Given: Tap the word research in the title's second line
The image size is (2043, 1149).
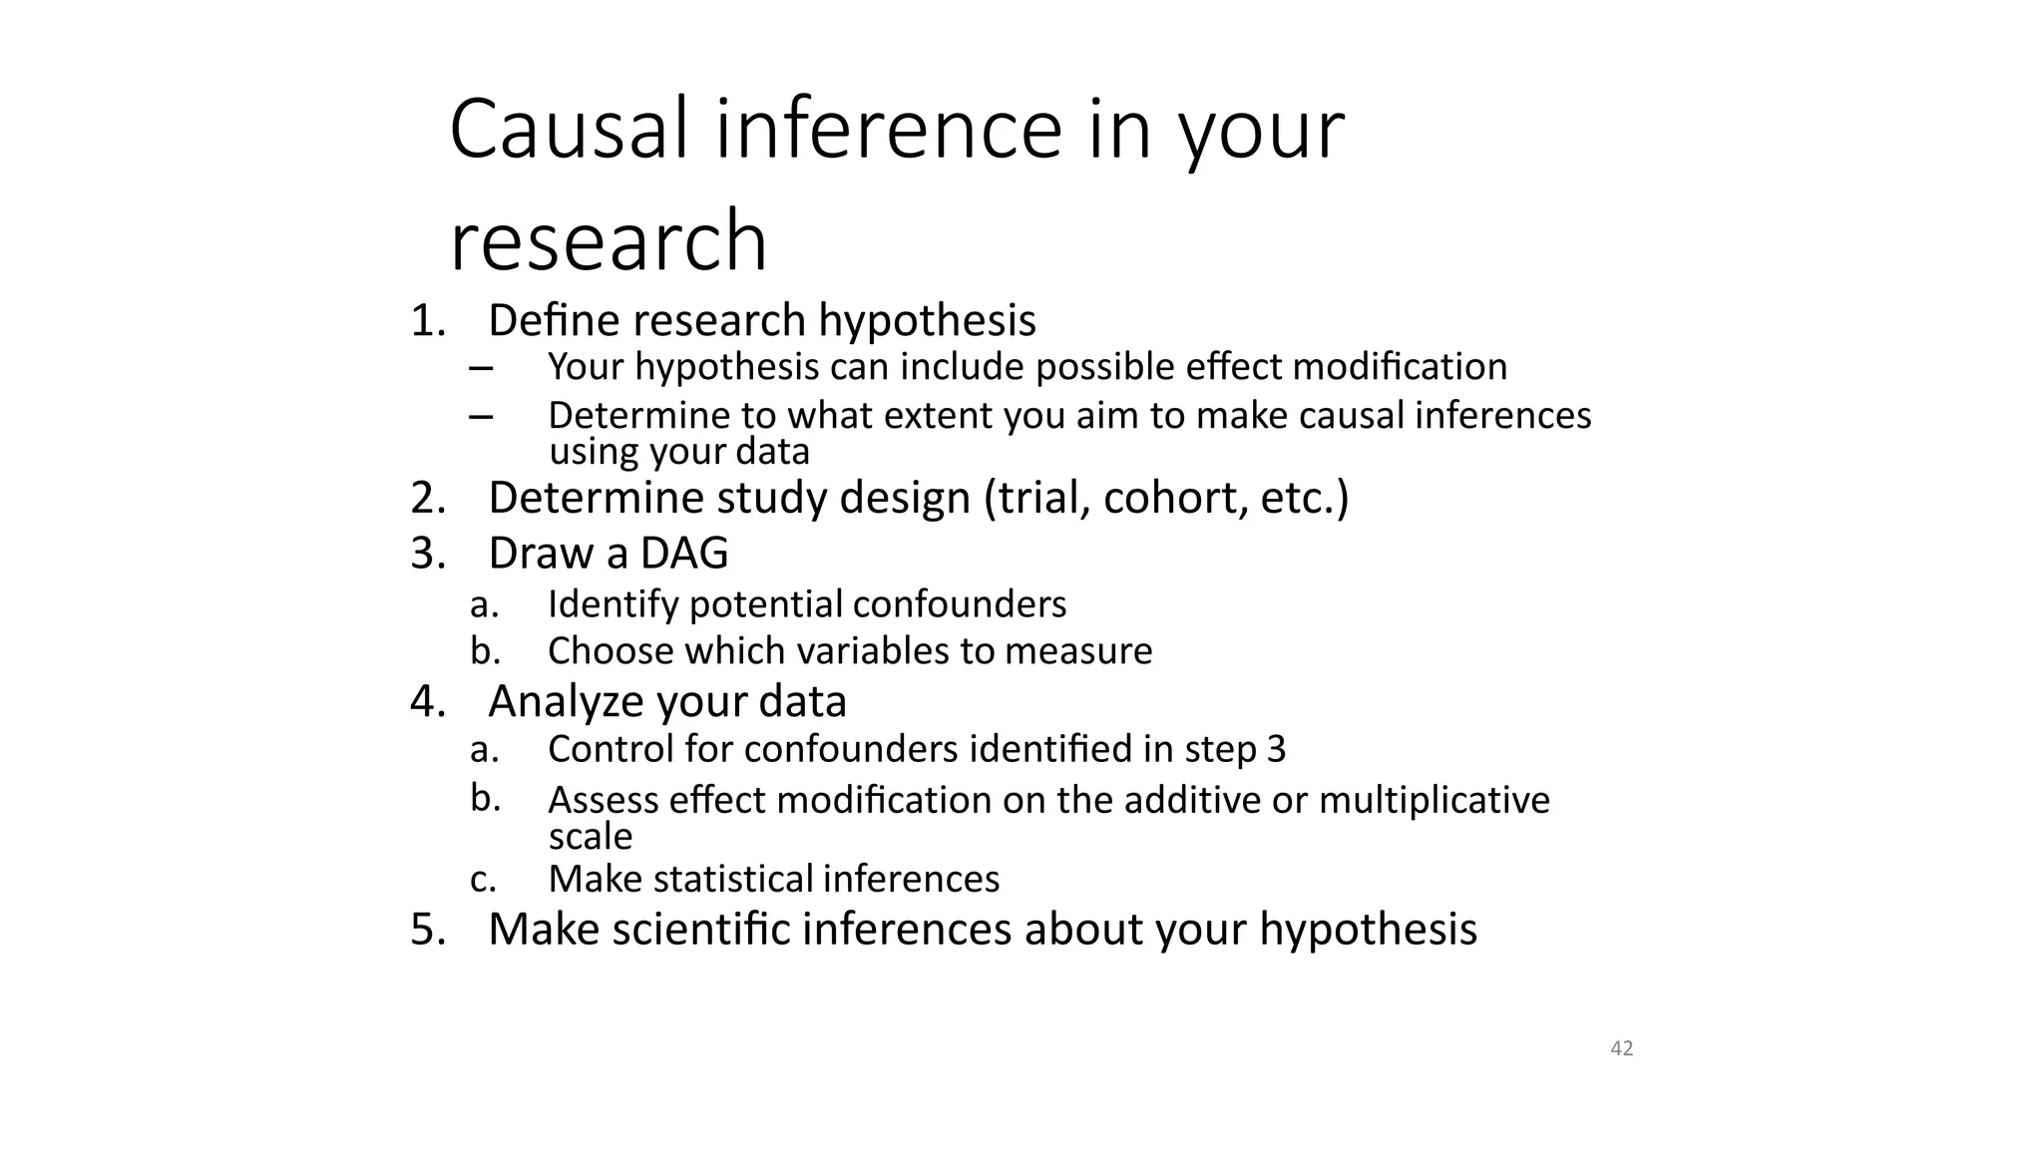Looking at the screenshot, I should pos(609,241).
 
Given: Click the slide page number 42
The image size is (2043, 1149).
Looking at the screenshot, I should pos(1622,1048).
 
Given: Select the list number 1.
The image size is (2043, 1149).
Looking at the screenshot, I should pos(427,321).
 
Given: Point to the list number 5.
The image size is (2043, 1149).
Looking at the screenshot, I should pos(427,930).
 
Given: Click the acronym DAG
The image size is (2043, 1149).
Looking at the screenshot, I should pos(684,554).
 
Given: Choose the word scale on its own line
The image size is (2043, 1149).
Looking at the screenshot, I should pos(591,837).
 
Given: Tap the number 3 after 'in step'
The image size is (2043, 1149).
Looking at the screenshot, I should pos(1276,749).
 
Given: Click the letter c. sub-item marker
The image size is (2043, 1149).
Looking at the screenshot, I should pos(484,880).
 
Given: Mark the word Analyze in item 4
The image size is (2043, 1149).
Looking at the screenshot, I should pos(566,701).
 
